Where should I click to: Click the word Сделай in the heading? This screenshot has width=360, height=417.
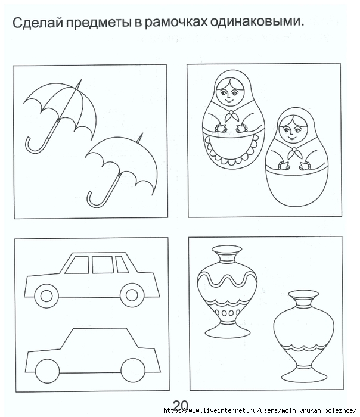point(37,23)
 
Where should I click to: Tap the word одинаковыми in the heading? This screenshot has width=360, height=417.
point(256,22)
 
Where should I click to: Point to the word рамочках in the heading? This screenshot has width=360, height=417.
point(176,23)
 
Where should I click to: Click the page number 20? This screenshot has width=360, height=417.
point(181,406)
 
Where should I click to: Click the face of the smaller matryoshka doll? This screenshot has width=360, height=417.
point(290,130)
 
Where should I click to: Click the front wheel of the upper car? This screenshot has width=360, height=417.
point(46,295)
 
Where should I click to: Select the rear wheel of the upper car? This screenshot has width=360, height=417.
point(132,295)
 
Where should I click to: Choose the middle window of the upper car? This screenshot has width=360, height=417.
point(103,264)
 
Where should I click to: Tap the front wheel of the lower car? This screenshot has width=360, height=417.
point(47,372)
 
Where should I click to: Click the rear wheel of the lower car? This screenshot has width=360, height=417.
point(133,371)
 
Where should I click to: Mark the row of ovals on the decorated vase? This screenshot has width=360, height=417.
point(227,313)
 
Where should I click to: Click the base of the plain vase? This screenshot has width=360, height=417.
point(304,376)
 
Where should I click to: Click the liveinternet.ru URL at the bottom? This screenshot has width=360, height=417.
point(260,410)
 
